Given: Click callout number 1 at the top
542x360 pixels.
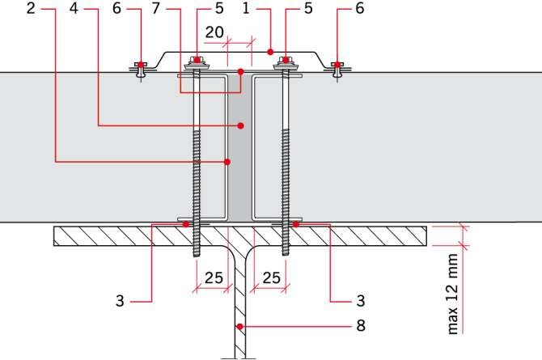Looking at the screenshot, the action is (246, 8).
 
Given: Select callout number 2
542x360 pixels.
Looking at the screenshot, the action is (31, 8).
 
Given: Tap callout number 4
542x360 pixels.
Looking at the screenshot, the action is (74, 8).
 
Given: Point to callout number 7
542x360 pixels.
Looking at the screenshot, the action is (156, 8).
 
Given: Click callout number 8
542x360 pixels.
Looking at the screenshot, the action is (361, 325).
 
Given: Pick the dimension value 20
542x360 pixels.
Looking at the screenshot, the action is (214, 32).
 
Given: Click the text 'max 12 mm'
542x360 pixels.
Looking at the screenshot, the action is (453, 294).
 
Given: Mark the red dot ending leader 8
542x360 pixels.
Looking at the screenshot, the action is (239, 326).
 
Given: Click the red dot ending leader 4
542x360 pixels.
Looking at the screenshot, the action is (241, 125).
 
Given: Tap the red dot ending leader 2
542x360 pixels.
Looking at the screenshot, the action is (227, 162).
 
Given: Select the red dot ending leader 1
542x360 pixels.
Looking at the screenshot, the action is (270, 53).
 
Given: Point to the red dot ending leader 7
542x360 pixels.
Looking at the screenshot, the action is (241, 72).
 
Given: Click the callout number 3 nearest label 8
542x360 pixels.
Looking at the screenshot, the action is (361, 300).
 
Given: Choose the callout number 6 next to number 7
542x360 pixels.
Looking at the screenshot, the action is (116, 8).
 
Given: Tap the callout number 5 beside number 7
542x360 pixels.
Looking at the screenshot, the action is (219, 8).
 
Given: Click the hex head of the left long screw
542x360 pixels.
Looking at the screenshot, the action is (197, 60).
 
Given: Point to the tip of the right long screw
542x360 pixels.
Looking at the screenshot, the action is (286, 255).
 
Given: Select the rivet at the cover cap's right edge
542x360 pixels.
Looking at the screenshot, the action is (337, 69).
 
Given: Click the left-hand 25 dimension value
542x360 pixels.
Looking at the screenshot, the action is (214, 277).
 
